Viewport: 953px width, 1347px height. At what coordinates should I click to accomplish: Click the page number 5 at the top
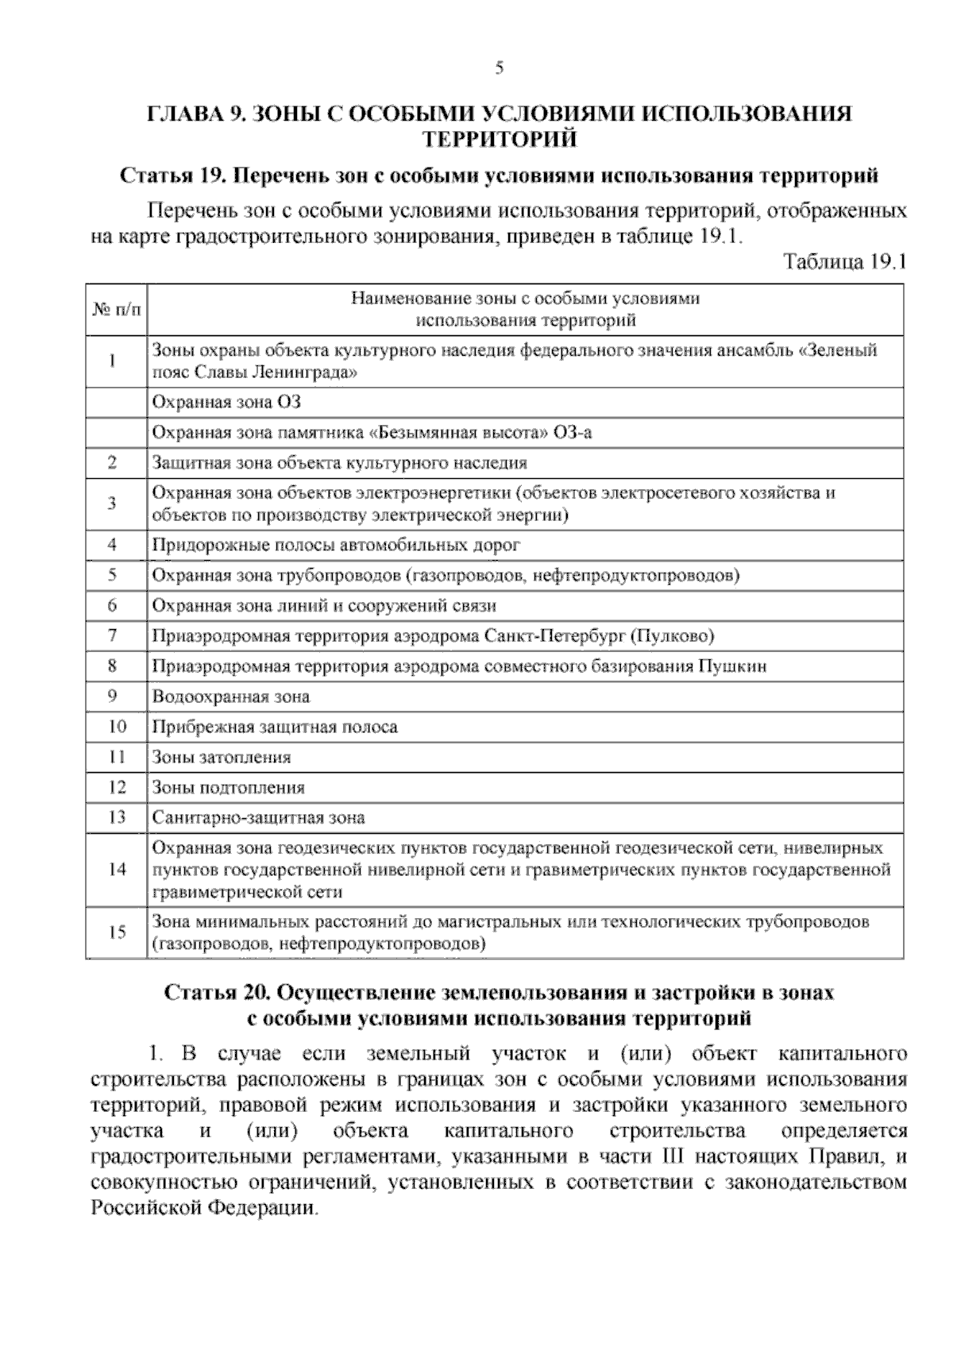(x=499, y=68)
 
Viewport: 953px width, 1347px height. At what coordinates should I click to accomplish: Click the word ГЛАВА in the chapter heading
(x=184, y=114)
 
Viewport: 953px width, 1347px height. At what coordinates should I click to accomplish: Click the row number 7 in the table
(x=113, y=636)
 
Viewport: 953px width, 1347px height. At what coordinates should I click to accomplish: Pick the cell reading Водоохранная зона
(x=230, y=697)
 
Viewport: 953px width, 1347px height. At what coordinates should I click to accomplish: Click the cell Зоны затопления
(x=222, y=758)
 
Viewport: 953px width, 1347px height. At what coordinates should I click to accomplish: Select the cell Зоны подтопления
(x=229, y=788)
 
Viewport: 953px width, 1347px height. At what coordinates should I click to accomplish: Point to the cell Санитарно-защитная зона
(x=258, y=818)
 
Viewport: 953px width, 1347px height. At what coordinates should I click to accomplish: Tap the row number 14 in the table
(x=117, y=869)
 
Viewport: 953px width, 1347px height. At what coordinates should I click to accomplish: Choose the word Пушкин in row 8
(x=732, y=667)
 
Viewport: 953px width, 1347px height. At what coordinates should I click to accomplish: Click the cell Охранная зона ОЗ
(x=226, y=403)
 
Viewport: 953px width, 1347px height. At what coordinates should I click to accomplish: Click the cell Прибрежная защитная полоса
(x=275, y=728)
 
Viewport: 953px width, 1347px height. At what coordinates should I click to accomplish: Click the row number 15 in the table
(x=117, y=932)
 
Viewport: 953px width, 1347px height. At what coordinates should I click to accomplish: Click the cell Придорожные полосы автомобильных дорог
(x=336, y=546)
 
